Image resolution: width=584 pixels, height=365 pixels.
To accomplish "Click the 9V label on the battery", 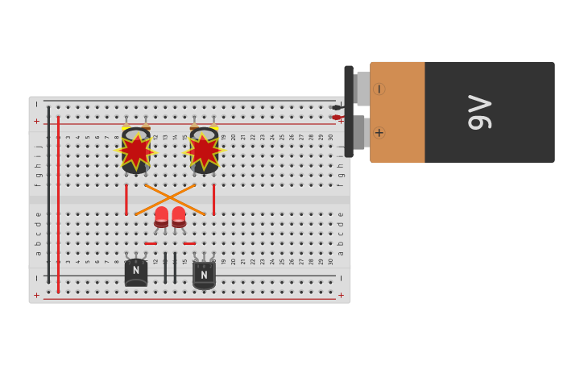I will (x=480, y=112).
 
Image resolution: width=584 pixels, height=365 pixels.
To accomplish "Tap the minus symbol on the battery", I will (x=379, y=89).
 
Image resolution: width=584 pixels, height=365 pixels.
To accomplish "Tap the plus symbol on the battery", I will (x=379, y=132).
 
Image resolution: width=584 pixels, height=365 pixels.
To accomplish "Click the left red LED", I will (x=161, y=216).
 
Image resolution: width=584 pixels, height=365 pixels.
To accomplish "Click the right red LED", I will (x=179, y=216).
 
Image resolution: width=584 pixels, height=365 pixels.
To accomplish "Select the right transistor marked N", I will (x=204, y=275).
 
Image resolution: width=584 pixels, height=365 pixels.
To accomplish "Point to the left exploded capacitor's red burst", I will (x=135, y=150).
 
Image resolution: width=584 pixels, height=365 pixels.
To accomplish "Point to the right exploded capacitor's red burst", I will (x=204, y=150).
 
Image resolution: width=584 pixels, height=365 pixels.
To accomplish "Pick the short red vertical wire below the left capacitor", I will (x=126, y=199).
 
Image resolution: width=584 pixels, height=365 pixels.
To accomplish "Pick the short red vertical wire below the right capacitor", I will (x=213, y=199).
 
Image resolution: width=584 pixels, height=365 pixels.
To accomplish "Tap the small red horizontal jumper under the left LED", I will (x=151, y=243).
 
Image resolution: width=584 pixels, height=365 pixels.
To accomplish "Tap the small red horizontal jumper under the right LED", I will (x=189, y=243).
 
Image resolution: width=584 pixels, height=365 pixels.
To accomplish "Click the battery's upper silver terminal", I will (x=362, y=89).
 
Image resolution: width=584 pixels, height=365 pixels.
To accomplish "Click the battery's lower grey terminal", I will (x=359, y=132).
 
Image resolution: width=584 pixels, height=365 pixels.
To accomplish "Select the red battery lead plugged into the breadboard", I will (x=338, y=118).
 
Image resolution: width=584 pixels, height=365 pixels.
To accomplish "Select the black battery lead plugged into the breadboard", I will (x=337, y=107).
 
